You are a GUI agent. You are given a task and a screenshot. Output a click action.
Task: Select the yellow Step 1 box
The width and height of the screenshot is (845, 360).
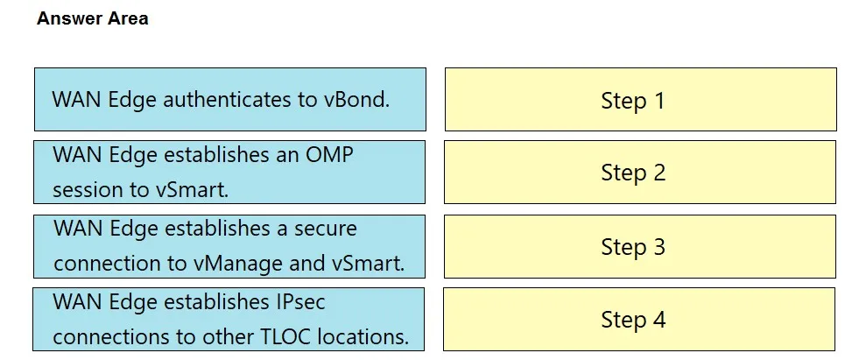[x=641, y=99]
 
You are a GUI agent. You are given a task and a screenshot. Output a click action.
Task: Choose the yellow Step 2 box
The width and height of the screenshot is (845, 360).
[x=640, y=172]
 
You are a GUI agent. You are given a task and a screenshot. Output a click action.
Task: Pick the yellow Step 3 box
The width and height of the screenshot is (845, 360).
[x=640, y=246]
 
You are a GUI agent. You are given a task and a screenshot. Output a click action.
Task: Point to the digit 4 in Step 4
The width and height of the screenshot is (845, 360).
[x=659, y=319]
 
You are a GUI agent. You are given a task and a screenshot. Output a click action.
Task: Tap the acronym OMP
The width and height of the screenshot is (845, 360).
[x=329, y=155]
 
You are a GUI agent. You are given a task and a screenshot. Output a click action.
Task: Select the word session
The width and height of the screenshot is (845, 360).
[x=90, y=190]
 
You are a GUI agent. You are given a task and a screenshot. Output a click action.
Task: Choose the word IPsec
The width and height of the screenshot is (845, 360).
[x=299, y=302]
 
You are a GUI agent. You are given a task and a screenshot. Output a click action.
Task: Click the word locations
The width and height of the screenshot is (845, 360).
[x=363, y=336]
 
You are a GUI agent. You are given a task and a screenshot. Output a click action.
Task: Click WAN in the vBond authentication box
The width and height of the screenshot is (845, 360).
[x=76, y=99]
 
